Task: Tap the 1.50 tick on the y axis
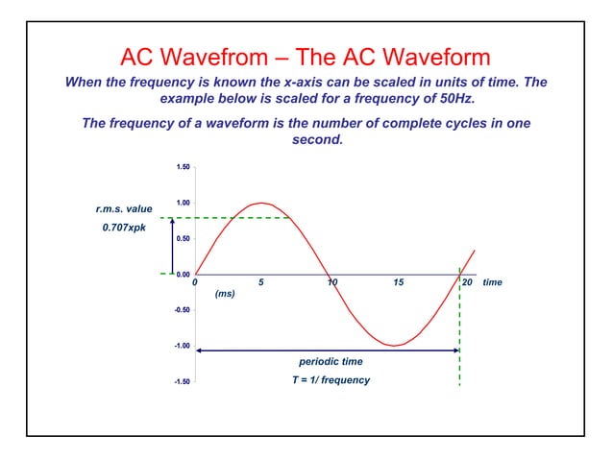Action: click(182, 167)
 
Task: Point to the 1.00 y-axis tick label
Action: click(182, 203)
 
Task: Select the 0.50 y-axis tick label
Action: click(182, 238)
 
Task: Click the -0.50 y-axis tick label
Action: click(181, 310)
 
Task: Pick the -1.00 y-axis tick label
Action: click(181, 346)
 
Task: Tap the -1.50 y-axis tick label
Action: click(181, 382)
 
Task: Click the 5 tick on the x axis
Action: click(262, 283)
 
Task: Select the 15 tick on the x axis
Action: click(398, 283)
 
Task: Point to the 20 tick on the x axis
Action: click(468, 283)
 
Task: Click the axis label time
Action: click(493, 283)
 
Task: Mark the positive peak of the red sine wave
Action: click(262, 203)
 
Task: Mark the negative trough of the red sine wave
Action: click(393, 346)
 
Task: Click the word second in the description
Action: click(310, 139)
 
